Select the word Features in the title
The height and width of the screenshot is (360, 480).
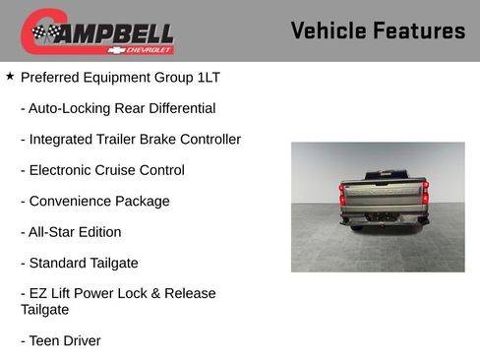419,31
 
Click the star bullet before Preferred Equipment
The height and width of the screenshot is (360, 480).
10,76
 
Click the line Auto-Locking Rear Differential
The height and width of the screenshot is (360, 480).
117,108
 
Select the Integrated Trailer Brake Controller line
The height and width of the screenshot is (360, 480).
130,139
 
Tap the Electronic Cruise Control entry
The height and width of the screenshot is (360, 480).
102,170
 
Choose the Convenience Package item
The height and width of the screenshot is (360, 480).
94,201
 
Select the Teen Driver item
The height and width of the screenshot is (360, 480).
60,340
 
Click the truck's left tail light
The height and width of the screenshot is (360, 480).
342,194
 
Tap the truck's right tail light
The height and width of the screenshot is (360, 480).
425,194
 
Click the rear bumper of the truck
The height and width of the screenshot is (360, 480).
384,219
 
